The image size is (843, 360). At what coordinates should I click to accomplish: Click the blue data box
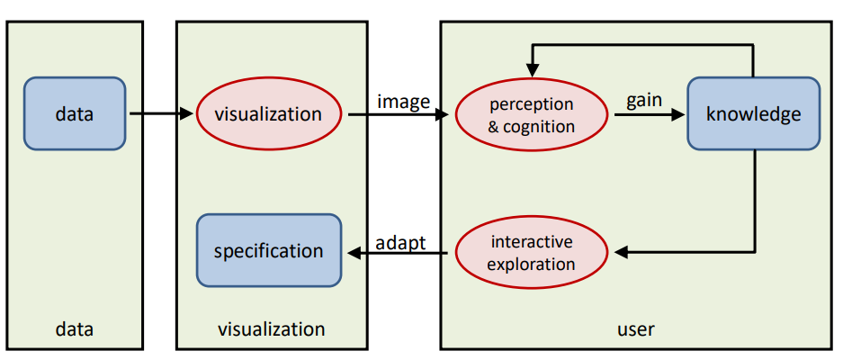[75, 113]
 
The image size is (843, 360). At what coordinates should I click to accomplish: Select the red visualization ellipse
[267, 114]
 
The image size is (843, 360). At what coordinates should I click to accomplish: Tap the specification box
[268, 250]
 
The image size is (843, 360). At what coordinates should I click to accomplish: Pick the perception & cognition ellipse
[531, 114]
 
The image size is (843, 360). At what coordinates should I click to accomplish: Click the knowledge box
[753, 114]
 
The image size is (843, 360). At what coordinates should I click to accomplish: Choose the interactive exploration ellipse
[531, 253]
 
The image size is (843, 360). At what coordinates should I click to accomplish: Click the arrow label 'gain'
[644, 100]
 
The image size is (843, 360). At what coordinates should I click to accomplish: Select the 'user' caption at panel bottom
[636, 329]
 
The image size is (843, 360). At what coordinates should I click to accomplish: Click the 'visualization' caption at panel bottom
[271, 329]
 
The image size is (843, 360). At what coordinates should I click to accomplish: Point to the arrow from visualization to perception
[397, 115]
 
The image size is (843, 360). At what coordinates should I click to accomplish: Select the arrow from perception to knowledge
[644, 115]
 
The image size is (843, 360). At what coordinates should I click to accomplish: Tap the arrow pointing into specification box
[396, 254]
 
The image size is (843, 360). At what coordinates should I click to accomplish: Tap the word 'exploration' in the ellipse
[531, 264]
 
